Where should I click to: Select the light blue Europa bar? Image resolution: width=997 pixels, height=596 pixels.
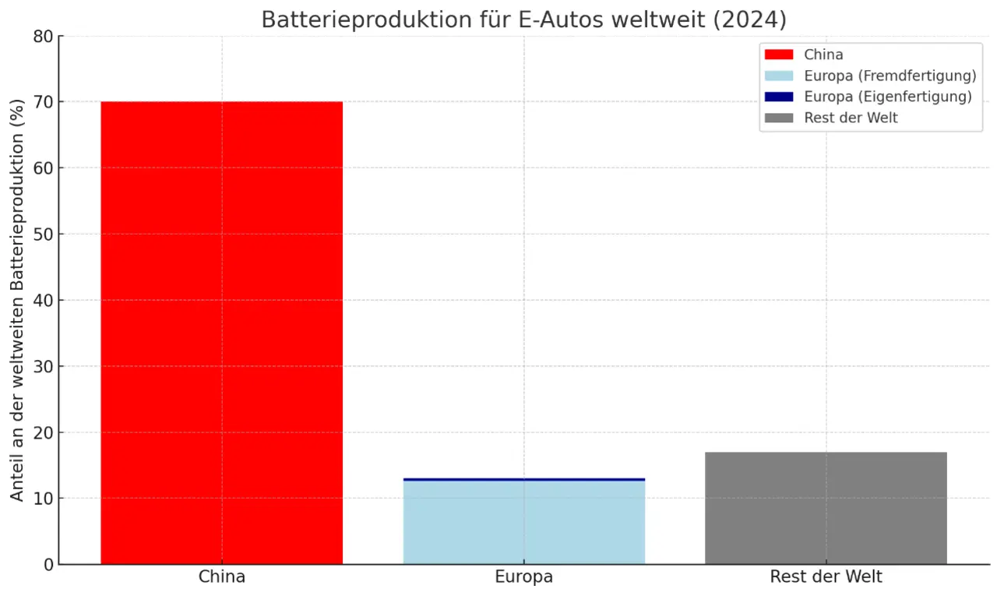tap(523, 522)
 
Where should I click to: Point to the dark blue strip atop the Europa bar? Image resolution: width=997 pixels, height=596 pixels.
tap(523, 479)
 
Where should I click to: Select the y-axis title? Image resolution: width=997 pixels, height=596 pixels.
tap(18, 300)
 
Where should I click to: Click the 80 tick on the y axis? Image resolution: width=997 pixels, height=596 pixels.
tap(44, 37)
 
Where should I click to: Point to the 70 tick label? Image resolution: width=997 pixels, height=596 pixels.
tap(44, 102)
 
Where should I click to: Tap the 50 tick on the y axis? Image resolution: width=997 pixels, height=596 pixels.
tap(44, 235)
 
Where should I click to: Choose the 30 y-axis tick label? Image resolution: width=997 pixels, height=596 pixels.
tap(44, 366)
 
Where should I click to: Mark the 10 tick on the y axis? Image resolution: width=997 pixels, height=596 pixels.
tap(44, 499)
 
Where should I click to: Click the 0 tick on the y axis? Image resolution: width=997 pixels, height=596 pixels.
tap(49, 565)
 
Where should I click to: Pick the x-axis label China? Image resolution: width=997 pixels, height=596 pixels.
tap(222, 577)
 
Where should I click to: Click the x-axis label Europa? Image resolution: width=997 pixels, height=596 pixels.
tap(523, 577)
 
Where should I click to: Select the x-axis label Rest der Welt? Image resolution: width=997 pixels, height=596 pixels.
tap(826, 577)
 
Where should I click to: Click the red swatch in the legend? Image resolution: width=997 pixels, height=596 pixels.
tap(779, 55)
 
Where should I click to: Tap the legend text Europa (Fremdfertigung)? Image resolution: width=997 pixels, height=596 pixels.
tap(890, 76)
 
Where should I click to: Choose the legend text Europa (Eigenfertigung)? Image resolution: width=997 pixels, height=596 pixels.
tap(888, 97)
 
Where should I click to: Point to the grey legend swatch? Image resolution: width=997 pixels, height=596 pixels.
tap(779, 118)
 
